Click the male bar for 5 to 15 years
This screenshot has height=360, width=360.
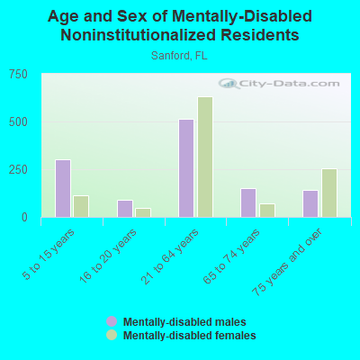tap(63, 188)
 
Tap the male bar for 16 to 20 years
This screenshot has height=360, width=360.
tap(125, 208)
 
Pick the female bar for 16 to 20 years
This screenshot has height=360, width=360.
tap(143, 212)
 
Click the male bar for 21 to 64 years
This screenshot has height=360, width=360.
tap(186, 167)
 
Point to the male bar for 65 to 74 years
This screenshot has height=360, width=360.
tap(248, 202)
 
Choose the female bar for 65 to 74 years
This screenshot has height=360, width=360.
tap(267, 210)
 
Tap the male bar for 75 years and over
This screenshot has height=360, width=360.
tap(310, 203)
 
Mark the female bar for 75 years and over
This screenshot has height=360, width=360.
tap(329, 193)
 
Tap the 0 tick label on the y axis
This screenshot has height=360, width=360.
tap(24, 217)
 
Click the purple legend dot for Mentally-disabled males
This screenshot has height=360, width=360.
tap(112, 321)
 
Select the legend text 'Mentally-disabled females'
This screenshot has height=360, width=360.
tap(189, 336)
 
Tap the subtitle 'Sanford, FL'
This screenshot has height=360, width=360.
tap(180, 55)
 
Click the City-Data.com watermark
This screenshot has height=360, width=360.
tap(279, 84)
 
